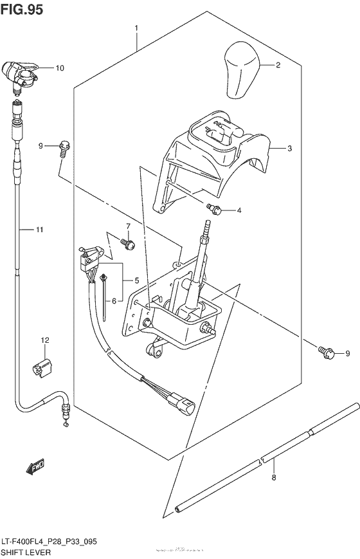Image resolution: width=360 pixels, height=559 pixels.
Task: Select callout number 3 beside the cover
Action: (290, 149)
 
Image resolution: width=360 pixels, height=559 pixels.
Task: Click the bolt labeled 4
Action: (214, 208)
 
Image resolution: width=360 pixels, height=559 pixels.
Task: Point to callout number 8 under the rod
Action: (273, 477)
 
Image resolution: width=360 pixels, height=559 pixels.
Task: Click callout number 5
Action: (136, 280)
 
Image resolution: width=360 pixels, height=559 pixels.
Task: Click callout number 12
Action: (44, 340)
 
